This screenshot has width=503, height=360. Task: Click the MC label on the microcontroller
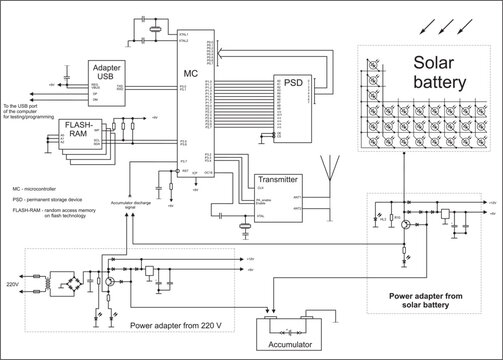(x=191, y=74)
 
